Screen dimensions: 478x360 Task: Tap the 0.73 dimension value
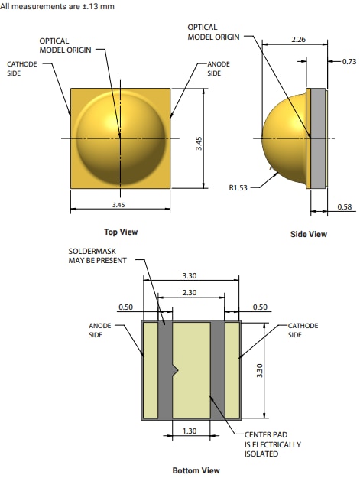349,60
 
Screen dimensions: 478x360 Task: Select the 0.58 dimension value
344,207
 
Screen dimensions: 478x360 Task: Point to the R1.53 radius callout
241,185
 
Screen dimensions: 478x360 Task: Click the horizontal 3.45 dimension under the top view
120,206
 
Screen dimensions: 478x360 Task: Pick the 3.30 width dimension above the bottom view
191,275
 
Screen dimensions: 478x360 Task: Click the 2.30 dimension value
191,291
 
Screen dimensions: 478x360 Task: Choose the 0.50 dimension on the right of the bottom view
261,307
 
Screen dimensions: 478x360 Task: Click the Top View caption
121,232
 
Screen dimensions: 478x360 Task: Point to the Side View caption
308,234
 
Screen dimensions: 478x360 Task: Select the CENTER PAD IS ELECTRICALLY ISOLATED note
272,444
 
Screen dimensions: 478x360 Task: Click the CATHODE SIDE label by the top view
21,69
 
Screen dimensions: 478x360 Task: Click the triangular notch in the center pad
175,370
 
